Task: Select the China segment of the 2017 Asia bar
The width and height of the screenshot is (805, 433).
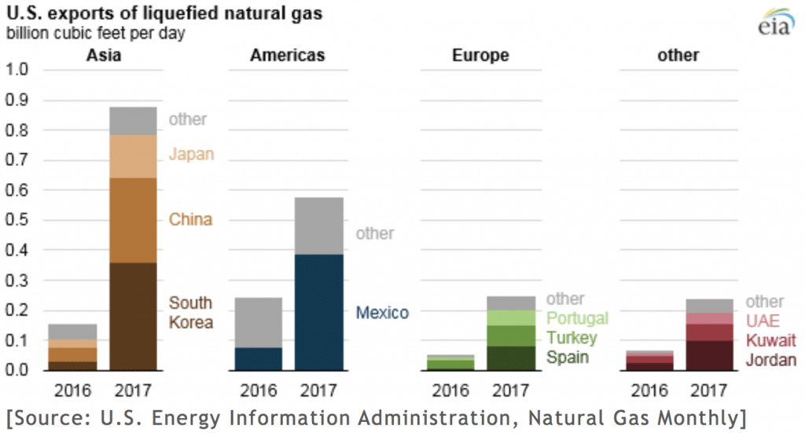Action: (133, 220)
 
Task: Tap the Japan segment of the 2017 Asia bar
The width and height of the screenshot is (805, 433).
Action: (133, 156)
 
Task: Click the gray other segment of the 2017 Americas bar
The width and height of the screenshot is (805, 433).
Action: (319, 226)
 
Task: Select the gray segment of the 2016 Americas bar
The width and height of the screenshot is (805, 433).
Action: (259, 322)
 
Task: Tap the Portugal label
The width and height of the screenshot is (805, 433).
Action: (577, 318)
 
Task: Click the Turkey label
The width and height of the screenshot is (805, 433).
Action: (572, 339)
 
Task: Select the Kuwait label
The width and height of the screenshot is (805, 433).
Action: (770, 341)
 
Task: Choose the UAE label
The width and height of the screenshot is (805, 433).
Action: (763, 321)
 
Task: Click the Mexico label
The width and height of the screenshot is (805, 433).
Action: (382, 313)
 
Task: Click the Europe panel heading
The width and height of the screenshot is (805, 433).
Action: (480, 55)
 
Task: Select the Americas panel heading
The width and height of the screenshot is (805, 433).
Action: (287, 55)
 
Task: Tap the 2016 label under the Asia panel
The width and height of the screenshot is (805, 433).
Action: (72, 391)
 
